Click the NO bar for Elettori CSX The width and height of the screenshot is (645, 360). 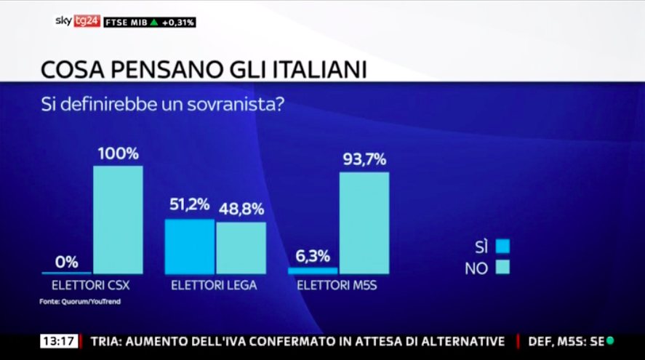coord(118,220)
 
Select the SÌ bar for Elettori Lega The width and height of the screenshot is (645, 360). coord(190,247)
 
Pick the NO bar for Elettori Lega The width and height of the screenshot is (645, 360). coord(241,248)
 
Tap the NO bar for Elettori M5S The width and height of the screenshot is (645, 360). coord(364,223)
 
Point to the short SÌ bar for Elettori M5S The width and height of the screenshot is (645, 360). coord(313,271)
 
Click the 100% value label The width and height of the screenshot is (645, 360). coord(118,154)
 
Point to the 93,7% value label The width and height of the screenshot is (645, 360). coord(364,160)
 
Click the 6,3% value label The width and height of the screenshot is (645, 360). coord(313,256)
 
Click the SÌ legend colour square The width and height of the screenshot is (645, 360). coord(502,246)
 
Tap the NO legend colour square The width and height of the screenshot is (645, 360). coord(502,268)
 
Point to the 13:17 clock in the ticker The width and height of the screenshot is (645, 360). coord(58,341)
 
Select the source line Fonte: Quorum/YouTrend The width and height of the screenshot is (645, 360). coord(81,301)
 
